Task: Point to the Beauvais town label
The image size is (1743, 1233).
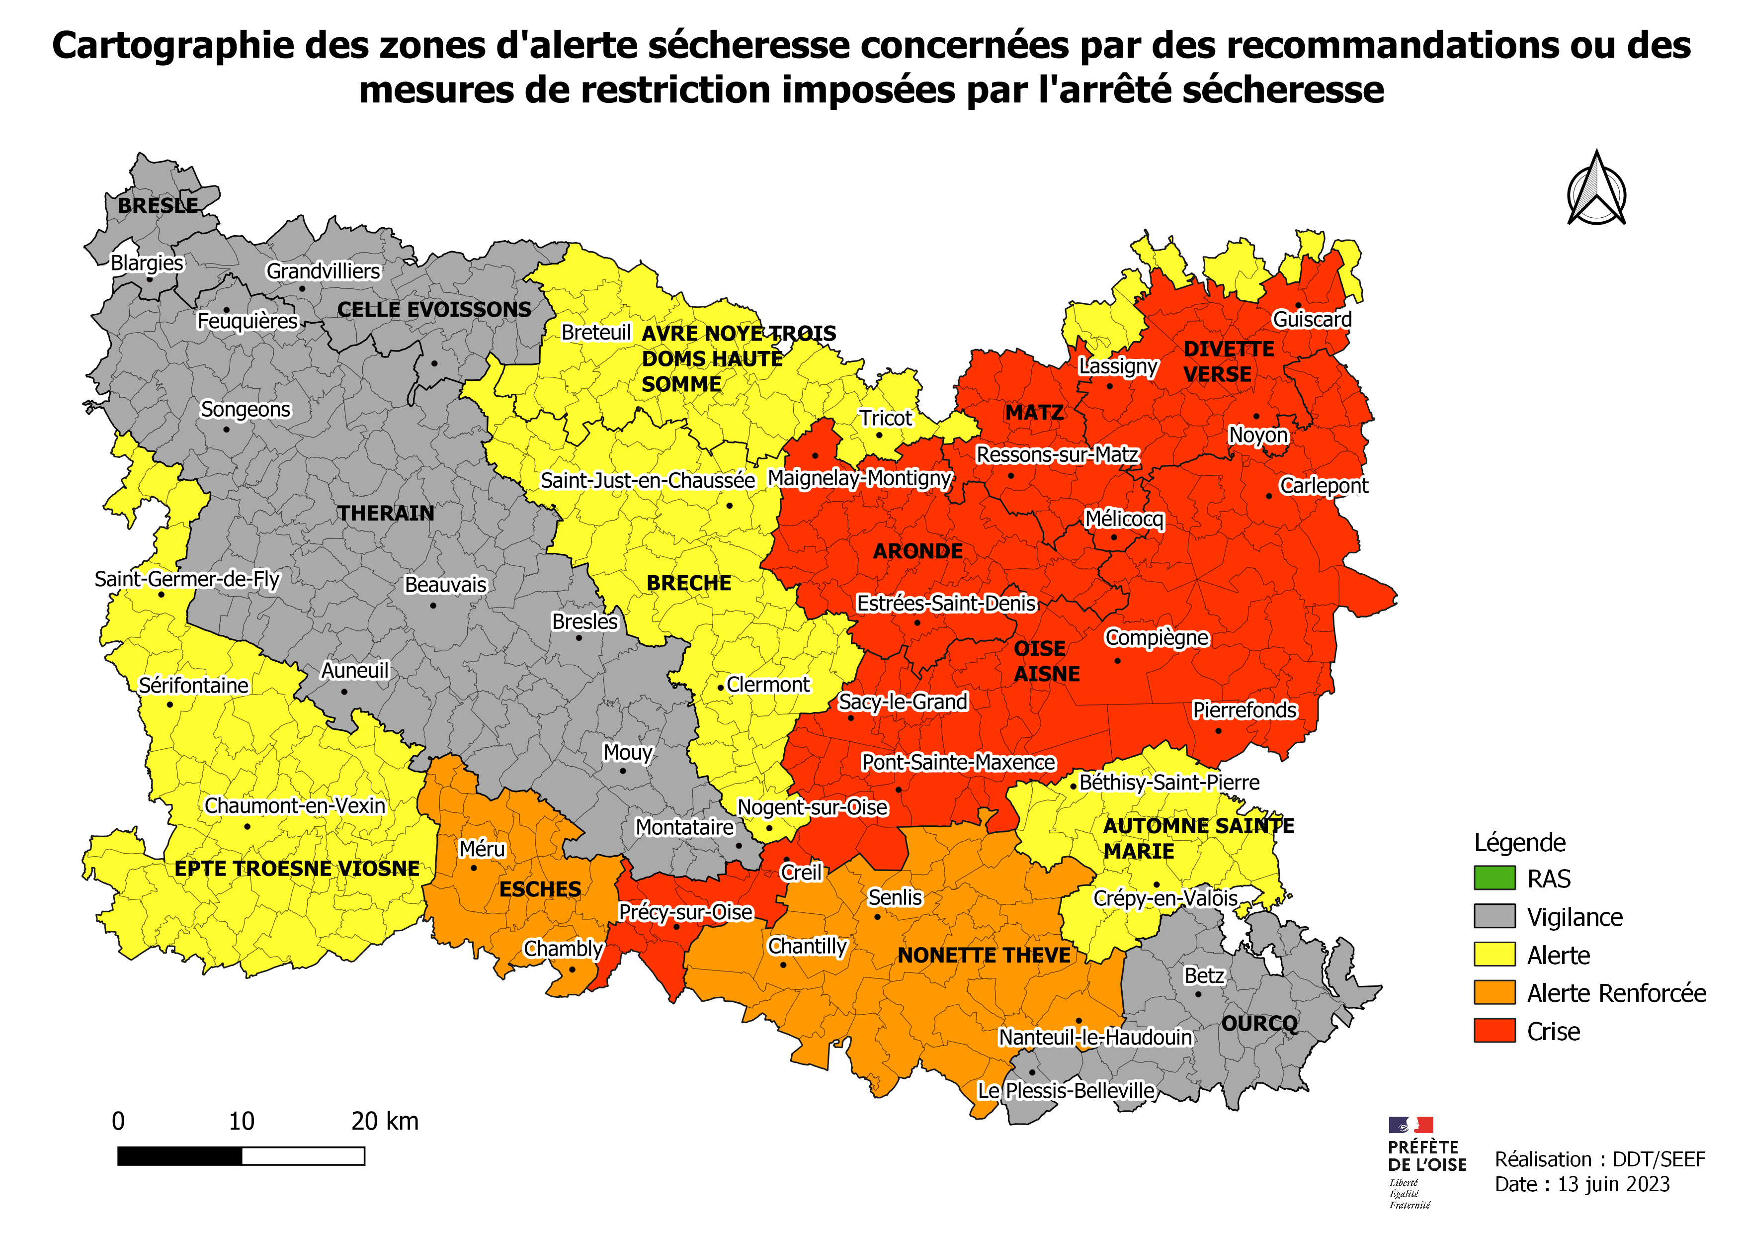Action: click(446, 585)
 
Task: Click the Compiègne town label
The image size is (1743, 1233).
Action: click(1156, 638)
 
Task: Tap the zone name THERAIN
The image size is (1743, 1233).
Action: click(386, 513)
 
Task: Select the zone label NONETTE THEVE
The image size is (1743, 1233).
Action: click(984, 955)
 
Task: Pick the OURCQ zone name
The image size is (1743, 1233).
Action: click(1259, 1024)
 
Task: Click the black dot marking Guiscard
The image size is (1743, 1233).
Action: click(1298, 305)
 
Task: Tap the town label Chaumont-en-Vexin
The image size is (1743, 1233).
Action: click(295, 805)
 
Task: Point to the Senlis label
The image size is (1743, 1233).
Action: click(895, 897)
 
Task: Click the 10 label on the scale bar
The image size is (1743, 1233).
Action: click(242, 1122)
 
